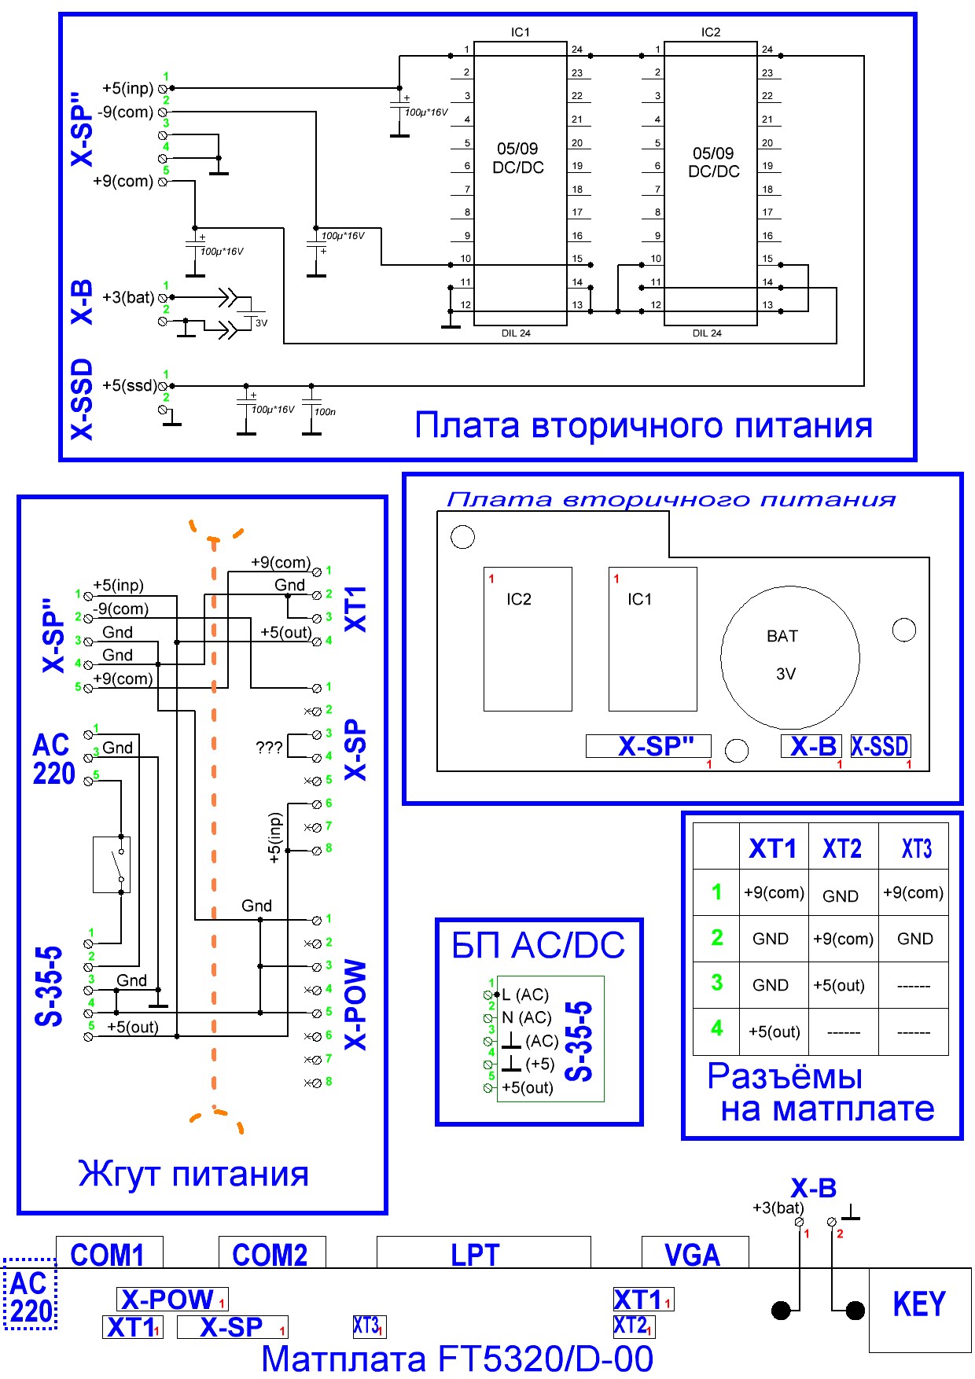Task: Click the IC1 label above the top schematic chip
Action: coord(521,32)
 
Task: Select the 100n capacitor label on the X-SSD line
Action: coord(325,411)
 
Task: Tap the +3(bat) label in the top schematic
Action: coord(128,297)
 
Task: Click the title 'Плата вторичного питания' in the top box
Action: coord(643,425)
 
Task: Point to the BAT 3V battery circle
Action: coord(789,657)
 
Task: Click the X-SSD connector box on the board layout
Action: coord(880,746)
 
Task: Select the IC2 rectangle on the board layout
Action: coord(528,638)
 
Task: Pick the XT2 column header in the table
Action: coord(842,848)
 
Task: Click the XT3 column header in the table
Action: coord(916,848)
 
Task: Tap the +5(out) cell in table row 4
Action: coord(774,1031)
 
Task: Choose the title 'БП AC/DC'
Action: coord(539,945)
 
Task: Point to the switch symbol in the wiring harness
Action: coord(112,864)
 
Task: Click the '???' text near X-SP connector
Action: coord(269,747)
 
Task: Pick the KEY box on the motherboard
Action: coord(919,1304)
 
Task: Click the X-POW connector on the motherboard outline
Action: coord(172,1299)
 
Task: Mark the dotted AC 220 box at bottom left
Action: coord(31,1297)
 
